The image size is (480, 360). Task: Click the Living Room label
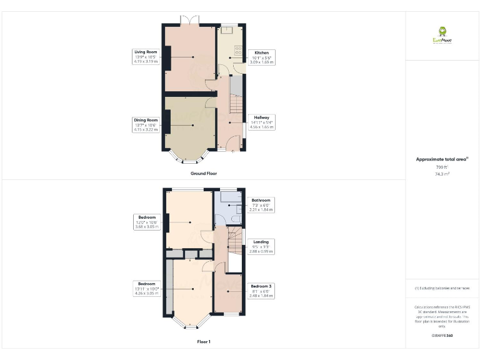click(145, 52)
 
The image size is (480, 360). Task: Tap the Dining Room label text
click(144, 120)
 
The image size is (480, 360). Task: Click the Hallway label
click(261, 117)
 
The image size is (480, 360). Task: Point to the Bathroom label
click(261, 201)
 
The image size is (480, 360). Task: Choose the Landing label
click(261, 242)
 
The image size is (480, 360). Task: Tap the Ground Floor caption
click(203, 173)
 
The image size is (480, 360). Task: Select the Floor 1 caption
click(204, 342)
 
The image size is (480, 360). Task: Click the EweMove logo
click(442, 35)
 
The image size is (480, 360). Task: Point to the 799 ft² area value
click(442, 167)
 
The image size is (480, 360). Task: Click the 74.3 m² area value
click(442, 174)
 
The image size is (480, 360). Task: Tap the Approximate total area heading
click(442, 159)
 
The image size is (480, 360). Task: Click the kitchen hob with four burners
click(238, 50)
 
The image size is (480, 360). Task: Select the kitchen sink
click(226, 29)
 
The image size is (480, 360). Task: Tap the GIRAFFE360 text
click(442, 336)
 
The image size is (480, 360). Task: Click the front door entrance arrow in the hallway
click(232, 151)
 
